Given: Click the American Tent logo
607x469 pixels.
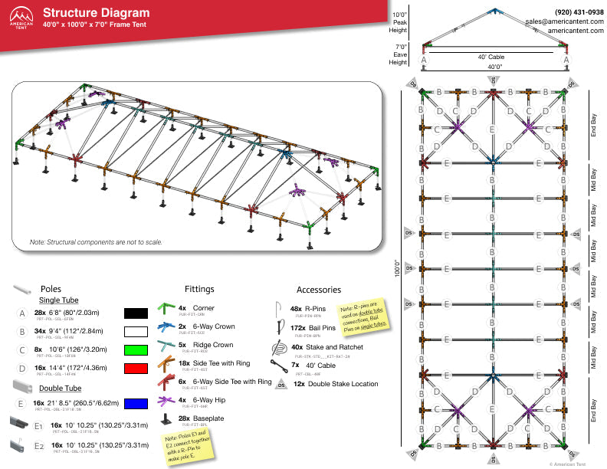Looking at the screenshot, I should click(21, 18).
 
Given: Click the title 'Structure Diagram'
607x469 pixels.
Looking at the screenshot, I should click(96, 12).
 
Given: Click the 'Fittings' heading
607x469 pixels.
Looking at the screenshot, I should click(199, 290).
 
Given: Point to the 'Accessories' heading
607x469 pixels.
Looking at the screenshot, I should click(318, 290).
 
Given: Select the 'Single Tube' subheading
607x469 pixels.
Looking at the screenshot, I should click(61, 300).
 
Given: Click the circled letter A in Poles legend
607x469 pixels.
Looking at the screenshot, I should click(22, 313).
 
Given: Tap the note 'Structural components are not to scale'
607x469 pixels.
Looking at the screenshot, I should click(97, 242).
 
